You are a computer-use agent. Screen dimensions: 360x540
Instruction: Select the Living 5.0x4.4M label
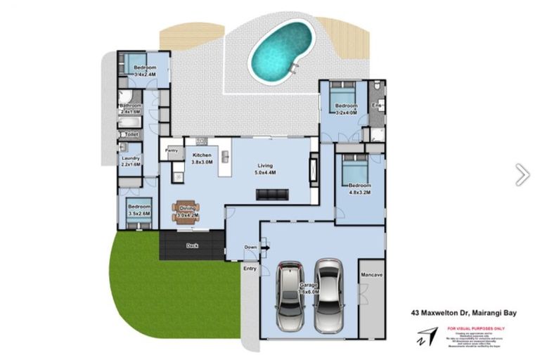pos(264,169)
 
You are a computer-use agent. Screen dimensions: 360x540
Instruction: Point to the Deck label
pos(191,245)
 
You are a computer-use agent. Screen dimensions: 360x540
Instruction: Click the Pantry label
pos(171,150)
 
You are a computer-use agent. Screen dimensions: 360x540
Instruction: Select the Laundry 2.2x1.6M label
pos(130,161)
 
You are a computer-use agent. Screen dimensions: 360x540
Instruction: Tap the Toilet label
pos(131,134)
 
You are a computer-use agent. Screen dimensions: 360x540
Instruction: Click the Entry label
pos(250,269)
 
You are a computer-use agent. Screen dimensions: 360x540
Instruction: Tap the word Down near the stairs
pos(251,247)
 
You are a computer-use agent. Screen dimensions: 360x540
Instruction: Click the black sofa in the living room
pos(272,194)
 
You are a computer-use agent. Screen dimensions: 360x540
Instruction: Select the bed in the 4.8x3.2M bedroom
pos(354,169)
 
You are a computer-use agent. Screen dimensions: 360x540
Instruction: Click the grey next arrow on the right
pos(522,174)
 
